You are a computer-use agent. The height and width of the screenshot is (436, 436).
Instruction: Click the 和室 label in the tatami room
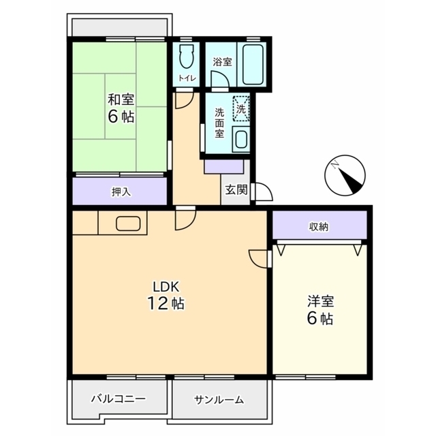(120, 99)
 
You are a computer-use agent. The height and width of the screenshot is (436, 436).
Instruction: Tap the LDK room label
(165, 286)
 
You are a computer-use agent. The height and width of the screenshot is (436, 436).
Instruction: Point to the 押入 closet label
(120, 192)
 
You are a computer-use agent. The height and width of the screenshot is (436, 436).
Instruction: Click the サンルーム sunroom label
(219, 400)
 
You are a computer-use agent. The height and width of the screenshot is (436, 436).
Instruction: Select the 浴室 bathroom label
(221, 62)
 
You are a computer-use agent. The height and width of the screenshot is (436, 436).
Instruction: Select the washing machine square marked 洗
(241, 108)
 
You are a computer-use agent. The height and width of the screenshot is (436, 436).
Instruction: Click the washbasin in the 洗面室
(240, 139)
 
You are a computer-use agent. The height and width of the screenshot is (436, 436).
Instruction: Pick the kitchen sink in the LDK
(128, 223)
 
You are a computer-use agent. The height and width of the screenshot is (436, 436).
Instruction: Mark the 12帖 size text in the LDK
(165, 303)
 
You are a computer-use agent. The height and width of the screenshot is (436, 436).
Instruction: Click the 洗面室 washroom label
(219, 123)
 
